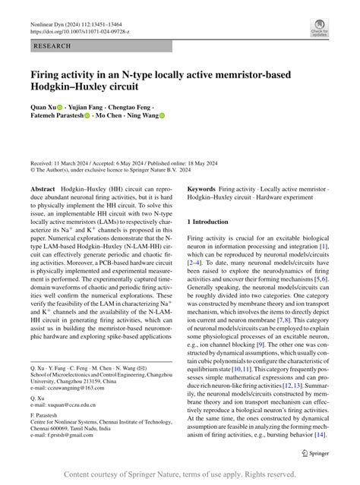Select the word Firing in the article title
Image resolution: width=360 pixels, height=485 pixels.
point(48,76)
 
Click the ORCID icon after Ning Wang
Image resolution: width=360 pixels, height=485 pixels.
point(161,116)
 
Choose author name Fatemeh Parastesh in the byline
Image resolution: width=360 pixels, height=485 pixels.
point(57,116)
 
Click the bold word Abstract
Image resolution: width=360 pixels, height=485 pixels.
point(43,188)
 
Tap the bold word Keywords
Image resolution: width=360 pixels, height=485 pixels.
point(201,188)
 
